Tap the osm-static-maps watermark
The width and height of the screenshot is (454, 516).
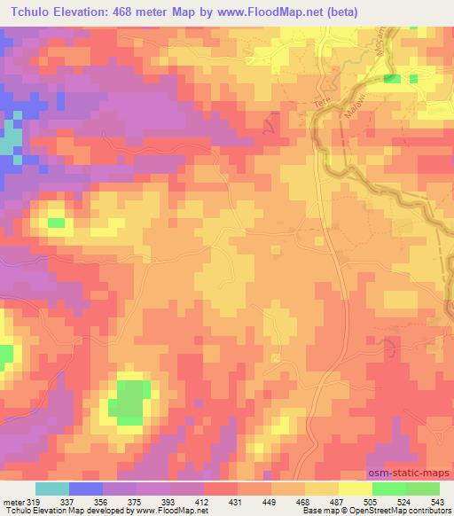(x=410, y=474)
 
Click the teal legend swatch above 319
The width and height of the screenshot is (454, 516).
(x=51, y=489)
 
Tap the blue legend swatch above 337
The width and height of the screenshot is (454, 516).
(x=86, y=489)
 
